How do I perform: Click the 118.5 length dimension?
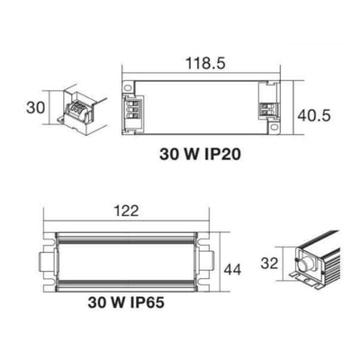pos(205,64)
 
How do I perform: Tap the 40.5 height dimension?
pos(314,115)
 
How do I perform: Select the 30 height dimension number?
pos(35,108)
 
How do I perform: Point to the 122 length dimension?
pos(126,211)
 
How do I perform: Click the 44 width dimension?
pos(232,269)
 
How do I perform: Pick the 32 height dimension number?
pos(269,263)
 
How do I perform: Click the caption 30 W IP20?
pos(200,155)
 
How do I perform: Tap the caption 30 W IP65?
pos(126,302)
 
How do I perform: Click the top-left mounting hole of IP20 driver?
pos(128,87)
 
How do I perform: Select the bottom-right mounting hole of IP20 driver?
pos(274,127)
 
